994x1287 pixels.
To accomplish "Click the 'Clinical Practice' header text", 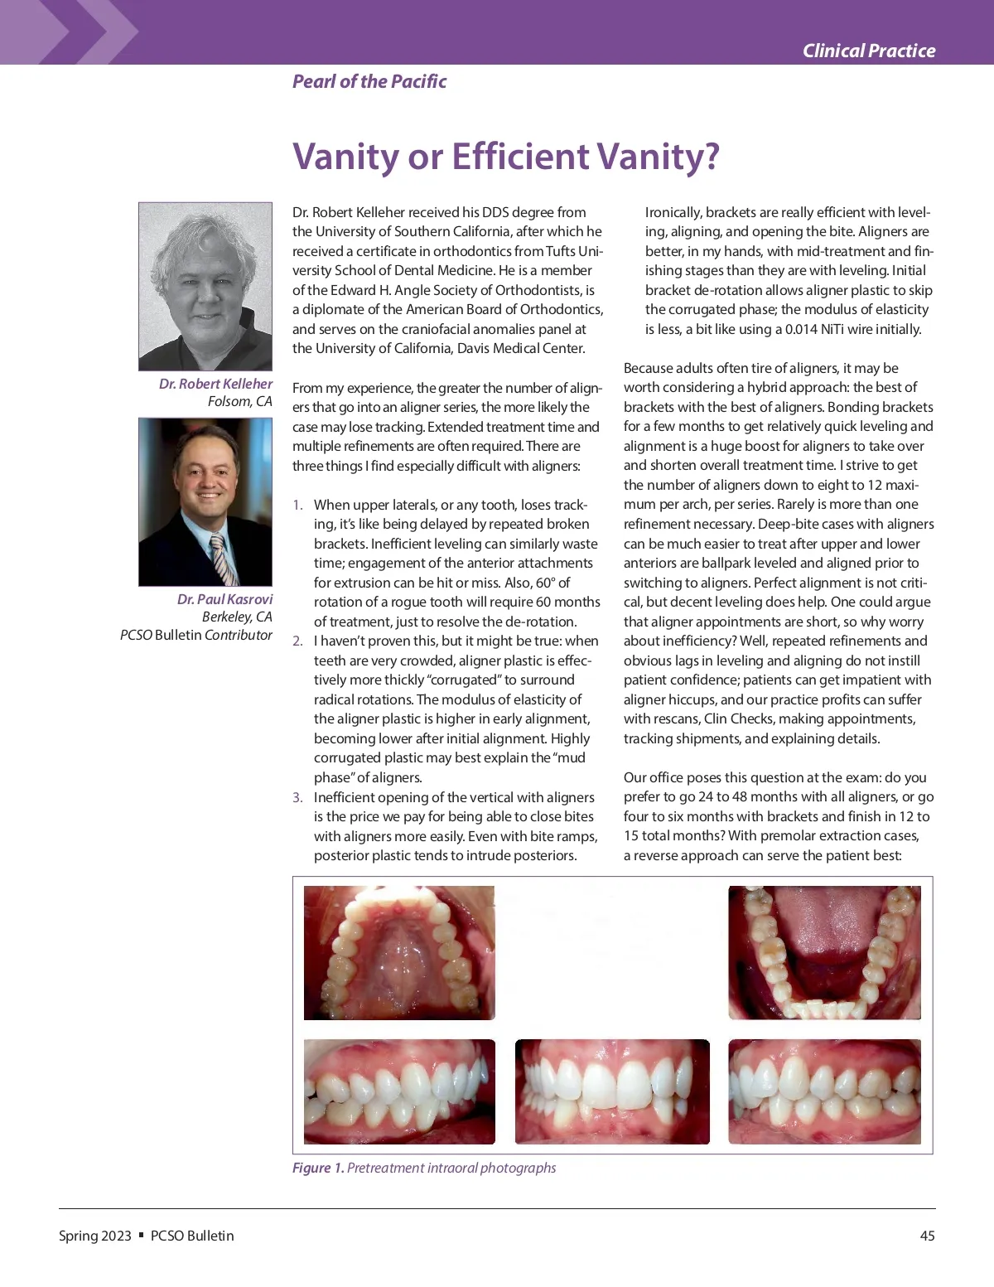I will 868,51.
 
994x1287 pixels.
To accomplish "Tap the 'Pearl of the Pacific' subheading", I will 369,81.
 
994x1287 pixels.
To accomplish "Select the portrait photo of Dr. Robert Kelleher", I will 205,286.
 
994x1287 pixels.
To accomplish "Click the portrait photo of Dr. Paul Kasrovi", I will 205,501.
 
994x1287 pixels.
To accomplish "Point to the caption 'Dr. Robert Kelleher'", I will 215,384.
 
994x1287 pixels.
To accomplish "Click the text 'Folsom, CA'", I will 239,401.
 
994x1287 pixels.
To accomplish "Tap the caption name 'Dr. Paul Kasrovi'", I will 224,599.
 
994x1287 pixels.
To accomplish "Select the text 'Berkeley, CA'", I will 237,617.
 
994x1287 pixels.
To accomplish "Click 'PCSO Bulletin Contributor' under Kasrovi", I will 196,635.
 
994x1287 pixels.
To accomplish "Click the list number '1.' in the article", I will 297,505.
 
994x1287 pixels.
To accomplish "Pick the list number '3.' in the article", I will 297,797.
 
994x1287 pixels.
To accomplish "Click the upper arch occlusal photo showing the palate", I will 399,952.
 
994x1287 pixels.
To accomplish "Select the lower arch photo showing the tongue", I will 824,952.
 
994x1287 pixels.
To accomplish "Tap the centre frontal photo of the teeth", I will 612,1091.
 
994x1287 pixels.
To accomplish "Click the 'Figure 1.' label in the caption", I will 318,1168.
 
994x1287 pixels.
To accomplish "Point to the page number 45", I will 927,1236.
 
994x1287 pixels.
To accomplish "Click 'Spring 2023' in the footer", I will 95,1236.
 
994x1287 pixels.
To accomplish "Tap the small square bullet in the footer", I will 141,1235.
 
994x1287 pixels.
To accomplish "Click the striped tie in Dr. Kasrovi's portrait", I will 224,559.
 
